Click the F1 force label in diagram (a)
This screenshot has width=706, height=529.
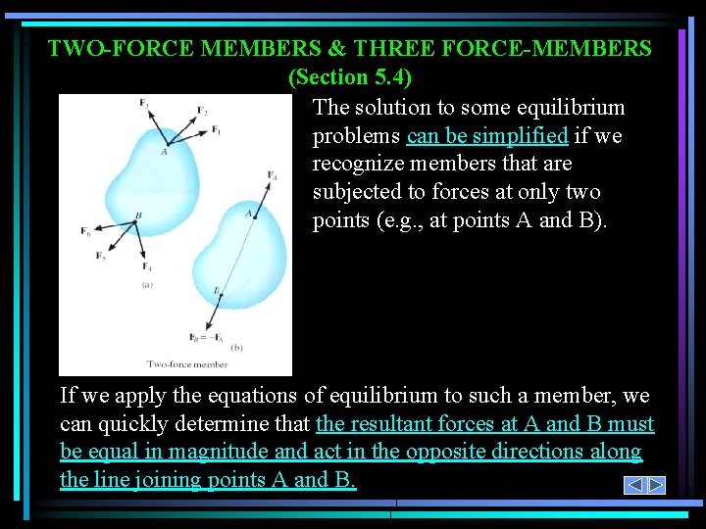(x=216, y=130)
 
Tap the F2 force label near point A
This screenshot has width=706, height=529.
(x=202, y=110)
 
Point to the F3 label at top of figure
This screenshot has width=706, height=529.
(x=144, y=102)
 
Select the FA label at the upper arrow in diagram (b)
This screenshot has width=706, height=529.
(x=272, y=175)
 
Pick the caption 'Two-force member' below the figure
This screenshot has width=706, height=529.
(x=186, y=364)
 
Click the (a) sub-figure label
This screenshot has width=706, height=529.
(x=147, y=285)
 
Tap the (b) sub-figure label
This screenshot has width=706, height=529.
(x=236, y=347)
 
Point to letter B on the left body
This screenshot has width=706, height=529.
(x=138, y=216)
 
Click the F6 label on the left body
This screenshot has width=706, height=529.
(x=86, y=231)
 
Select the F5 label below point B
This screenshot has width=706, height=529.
(x=101, y=257)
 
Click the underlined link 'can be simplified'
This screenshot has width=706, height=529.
(x=486, y=135)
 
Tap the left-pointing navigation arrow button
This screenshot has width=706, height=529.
(x=634, y=485)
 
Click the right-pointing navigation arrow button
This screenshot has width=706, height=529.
(x=656, y=485)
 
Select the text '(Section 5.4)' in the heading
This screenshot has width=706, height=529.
(x=350, y=76)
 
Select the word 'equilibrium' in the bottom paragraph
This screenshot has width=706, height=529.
(x=379, y=396)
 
